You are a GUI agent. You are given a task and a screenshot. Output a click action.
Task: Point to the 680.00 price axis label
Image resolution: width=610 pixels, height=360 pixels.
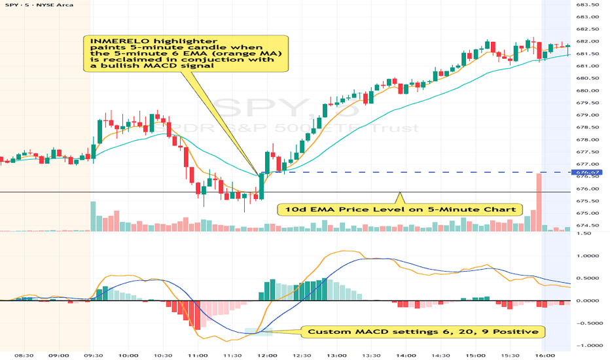591,90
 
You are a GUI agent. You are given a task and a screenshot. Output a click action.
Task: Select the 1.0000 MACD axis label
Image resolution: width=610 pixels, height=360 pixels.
591,256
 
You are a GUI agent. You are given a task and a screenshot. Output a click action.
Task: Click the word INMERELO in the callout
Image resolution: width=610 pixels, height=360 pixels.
111,41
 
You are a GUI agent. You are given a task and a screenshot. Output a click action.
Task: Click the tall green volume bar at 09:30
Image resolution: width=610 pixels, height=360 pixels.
94,216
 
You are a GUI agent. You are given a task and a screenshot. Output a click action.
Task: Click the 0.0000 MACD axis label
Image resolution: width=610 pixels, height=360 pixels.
591,300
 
